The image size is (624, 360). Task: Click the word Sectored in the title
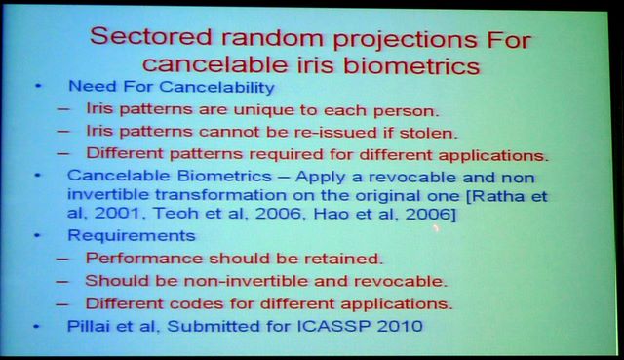pyautogui.click(x=151, y=37)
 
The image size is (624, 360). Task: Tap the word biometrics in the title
pyautogui.click(x=411, y=65)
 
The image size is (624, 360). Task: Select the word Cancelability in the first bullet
pyautogui.click(x=217, y=87)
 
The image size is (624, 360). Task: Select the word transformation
pyautogui.click(x=220, y=195)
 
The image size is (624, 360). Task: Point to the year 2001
pyautogui.click(x=117, y=213)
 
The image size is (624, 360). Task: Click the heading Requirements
pyautogui.click(x=132, y=235)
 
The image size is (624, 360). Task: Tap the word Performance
pyautogui.click(x=144, y=259)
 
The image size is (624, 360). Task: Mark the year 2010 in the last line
pyautogui.click(x=400, y=326)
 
